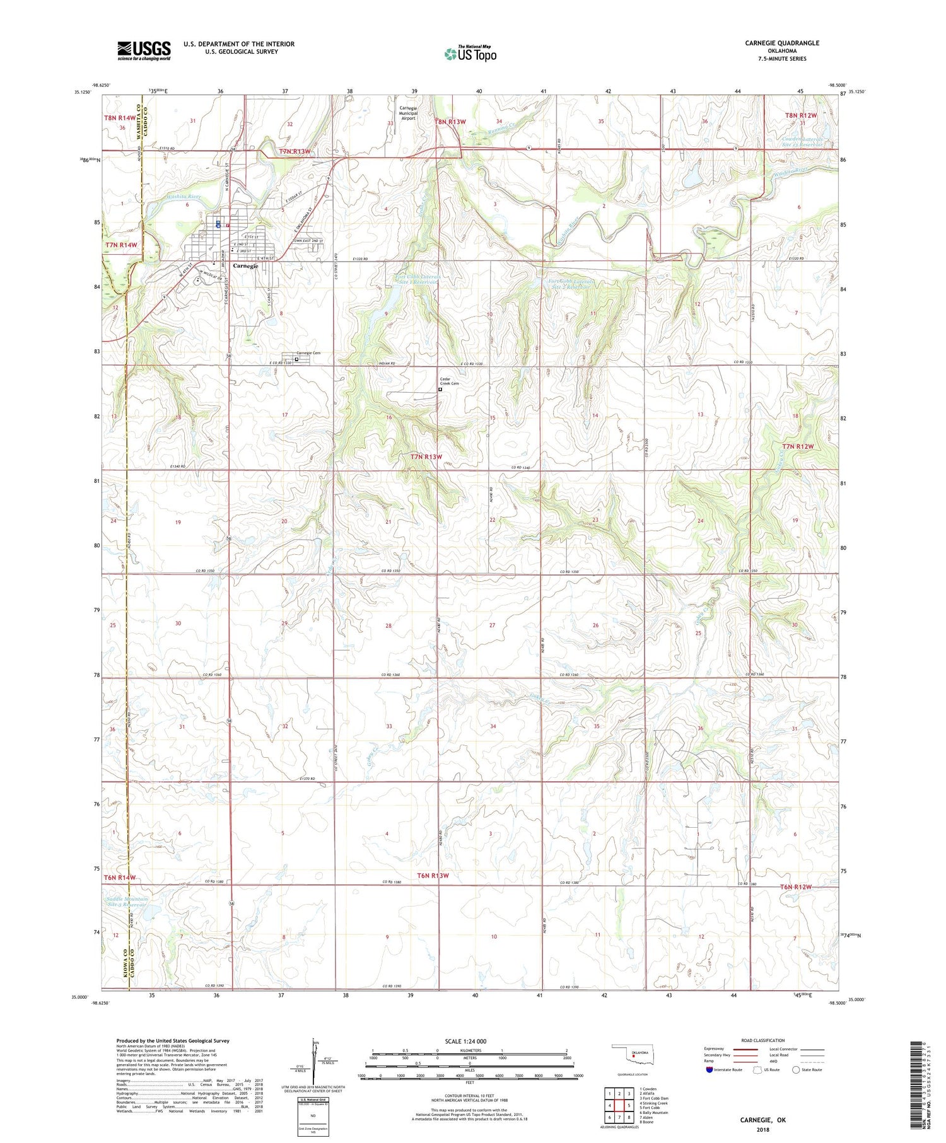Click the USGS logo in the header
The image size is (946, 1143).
click(x=144, y=50)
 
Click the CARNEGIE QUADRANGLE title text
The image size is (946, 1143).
click(x=782, y=43)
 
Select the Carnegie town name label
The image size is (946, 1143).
click(x=245, y=266)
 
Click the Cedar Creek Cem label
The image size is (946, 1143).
click(x=450, y=381)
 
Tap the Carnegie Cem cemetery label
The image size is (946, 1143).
click(x=308, y=354)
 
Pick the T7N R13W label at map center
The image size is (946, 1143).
click(x=426, y=456)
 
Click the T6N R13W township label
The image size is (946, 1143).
click(x=433, y=876)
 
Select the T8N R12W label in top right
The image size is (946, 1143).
click(x=801, y=115)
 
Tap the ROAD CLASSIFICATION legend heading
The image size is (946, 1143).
click(x=762, y=1040)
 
